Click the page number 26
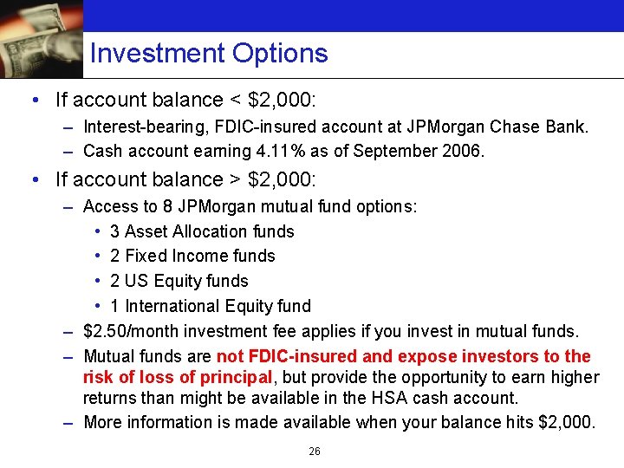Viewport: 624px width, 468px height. click(x=315, y=452)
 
